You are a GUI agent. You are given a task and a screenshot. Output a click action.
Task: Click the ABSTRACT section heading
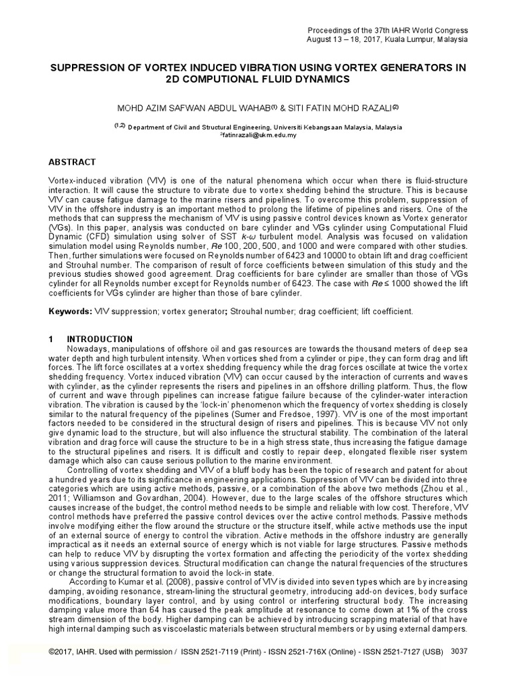click(x=73, y=162)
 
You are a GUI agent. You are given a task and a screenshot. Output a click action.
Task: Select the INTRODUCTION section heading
click(x=101, y=339)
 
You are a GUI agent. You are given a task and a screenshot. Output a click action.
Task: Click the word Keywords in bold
click(x=70, y=311)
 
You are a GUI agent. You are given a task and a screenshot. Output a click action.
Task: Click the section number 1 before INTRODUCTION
click(x=51, y=339)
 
